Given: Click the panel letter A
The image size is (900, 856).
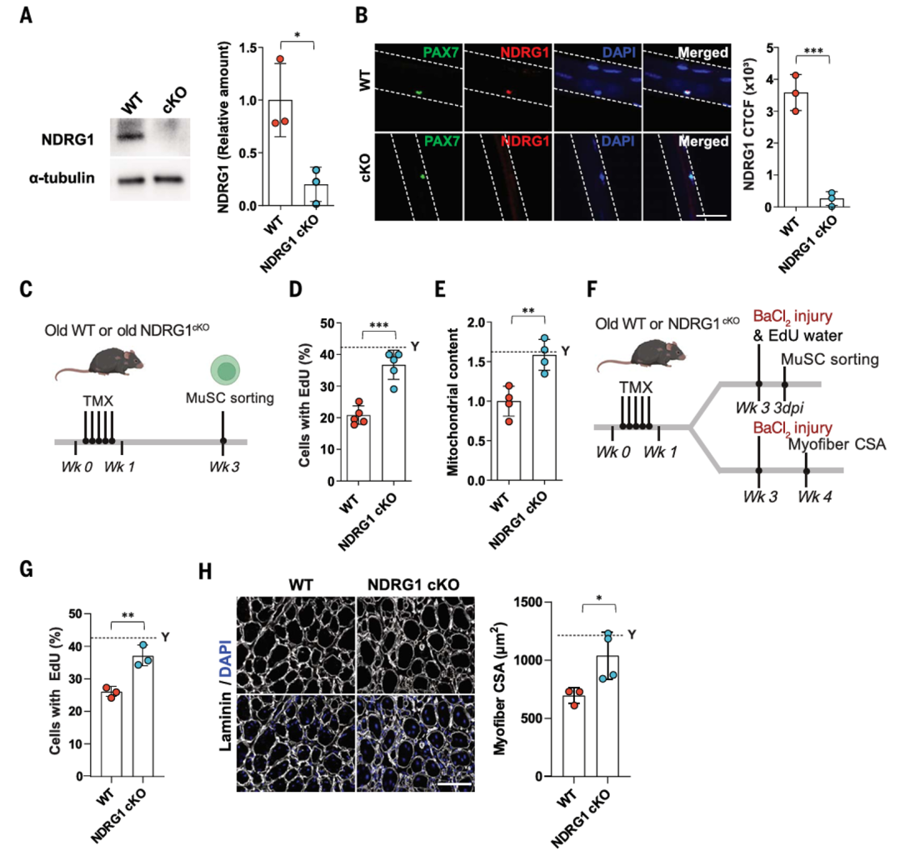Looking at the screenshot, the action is tap(26, 15).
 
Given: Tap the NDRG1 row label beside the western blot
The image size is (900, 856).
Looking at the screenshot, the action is tap(67, 139).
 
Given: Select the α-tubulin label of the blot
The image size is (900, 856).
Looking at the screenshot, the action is tap(62, 178).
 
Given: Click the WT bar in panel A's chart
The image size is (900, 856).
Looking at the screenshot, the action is tap(280, 153).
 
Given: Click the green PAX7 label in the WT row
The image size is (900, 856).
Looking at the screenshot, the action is tap(441, 53).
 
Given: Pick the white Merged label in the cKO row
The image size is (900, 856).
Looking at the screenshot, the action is tap(703, 141).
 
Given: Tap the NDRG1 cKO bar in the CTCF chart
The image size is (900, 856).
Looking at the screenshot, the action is tap(832, 203).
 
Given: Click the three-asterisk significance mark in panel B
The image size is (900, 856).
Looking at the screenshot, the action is tap(813, 51).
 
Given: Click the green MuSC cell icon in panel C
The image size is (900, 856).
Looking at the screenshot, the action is tap(225, 370).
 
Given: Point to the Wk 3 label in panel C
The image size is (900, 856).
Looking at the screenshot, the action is tap(224, 467).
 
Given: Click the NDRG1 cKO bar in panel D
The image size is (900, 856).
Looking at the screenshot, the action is tap(393, 423).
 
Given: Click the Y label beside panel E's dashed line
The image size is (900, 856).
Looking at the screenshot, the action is tap(565, 351).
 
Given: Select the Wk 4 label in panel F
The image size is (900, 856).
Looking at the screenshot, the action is tap(814, 497).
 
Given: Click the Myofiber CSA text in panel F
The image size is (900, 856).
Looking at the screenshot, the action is tap(837, 444).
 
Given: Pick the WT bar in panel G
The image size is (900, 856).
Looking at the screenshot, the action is tap(112, 734).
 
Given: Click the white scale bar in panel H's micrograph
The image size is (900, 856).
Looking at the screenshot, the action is tap(455, 783).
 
